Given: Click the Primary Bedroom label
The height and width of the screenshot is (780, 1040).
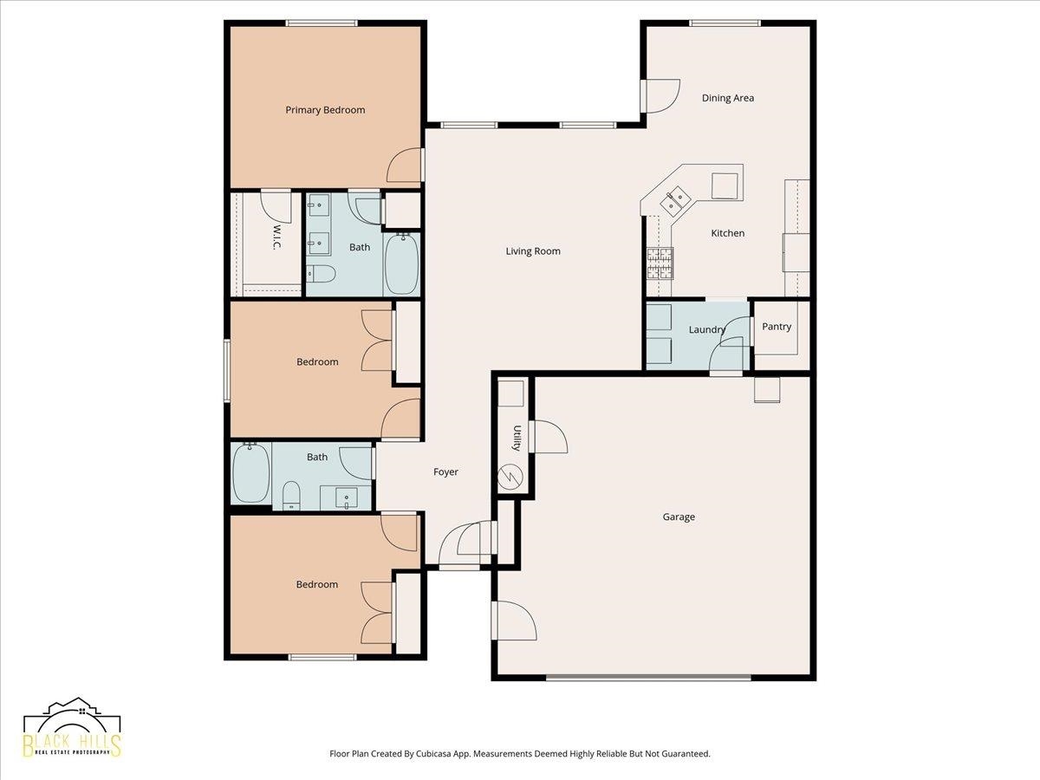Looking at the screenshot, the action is [x=325, y=110].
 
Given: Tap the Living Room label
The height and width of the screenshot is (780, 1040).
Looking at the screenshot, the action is [x=533, y=251].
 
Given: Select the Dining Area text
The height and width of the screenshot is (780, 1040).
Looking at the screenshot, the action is [x=728, y=98].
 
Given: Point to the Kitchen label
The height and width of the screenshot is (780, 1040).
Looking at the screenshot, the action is [x=728, y=233].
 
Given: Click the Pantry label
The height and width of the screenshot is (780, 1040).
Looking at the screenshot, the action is [x=777, y=327].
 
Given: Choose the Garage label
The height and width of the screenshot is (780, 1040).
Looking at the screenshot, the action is [x=679, y=517].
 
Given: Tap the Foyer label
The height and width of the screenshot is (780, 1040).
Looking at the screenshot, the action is [x=445, y=471].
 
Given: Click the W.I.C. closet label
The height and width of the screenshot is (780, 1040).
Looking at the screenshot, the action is [x=276, y=237].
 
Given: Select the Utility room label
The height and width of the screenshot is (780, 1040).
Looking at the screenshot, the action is [x=517, y=438].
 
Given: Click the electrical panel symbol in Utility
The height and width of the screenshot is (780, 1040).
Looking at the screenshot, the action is [x=510, y=477].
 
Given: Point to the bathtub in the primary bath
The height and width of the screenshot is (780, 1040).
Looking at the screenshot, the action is [x=402, y=264].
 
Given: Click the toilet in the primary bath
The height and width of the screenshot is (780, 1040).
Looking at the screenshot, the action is [x=321, y=274].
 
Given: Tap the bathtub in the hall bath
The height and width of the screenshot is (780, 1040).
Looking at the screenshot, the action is [x=251, y=472].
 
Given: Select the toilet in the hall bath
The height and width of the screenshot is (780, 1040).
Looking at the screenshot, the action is [x=291, y=496].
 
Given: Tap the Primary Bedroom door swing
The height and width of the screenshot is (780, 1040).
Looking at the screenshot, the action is [x=404, y=166].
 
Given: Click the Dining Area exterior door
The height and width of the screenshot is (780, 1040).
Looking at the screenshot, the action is [x=660, y=96].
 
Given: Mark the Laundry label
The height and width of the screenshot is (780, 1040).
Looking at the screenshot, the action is [x=707, y=329].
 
